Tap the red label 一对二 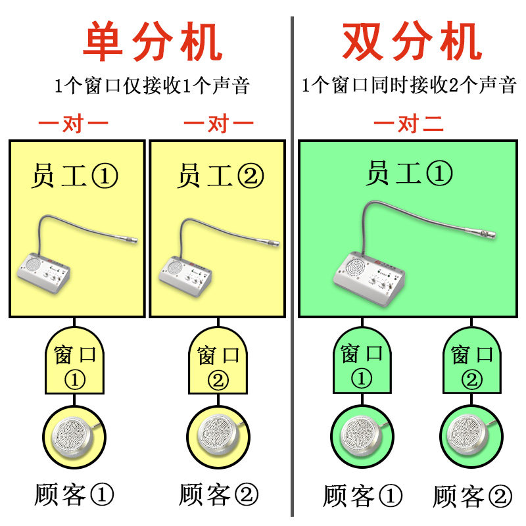[x=409, y=124]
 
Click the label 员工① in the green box [x=409, y=174]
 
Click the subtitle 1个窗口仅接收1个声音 [x=152, y=85]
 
